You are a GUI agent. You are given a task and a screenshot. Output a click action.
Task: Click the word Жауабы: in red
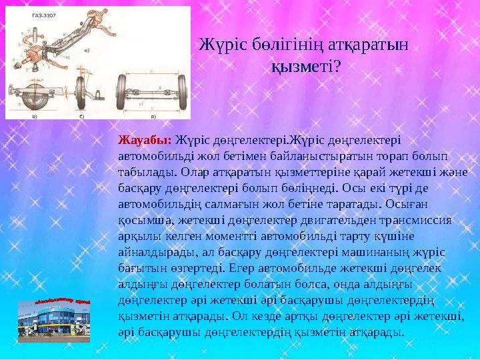(145, 140)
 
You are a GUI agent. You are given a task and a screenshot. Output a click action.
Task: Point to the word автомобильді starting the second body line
(153, 154)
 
